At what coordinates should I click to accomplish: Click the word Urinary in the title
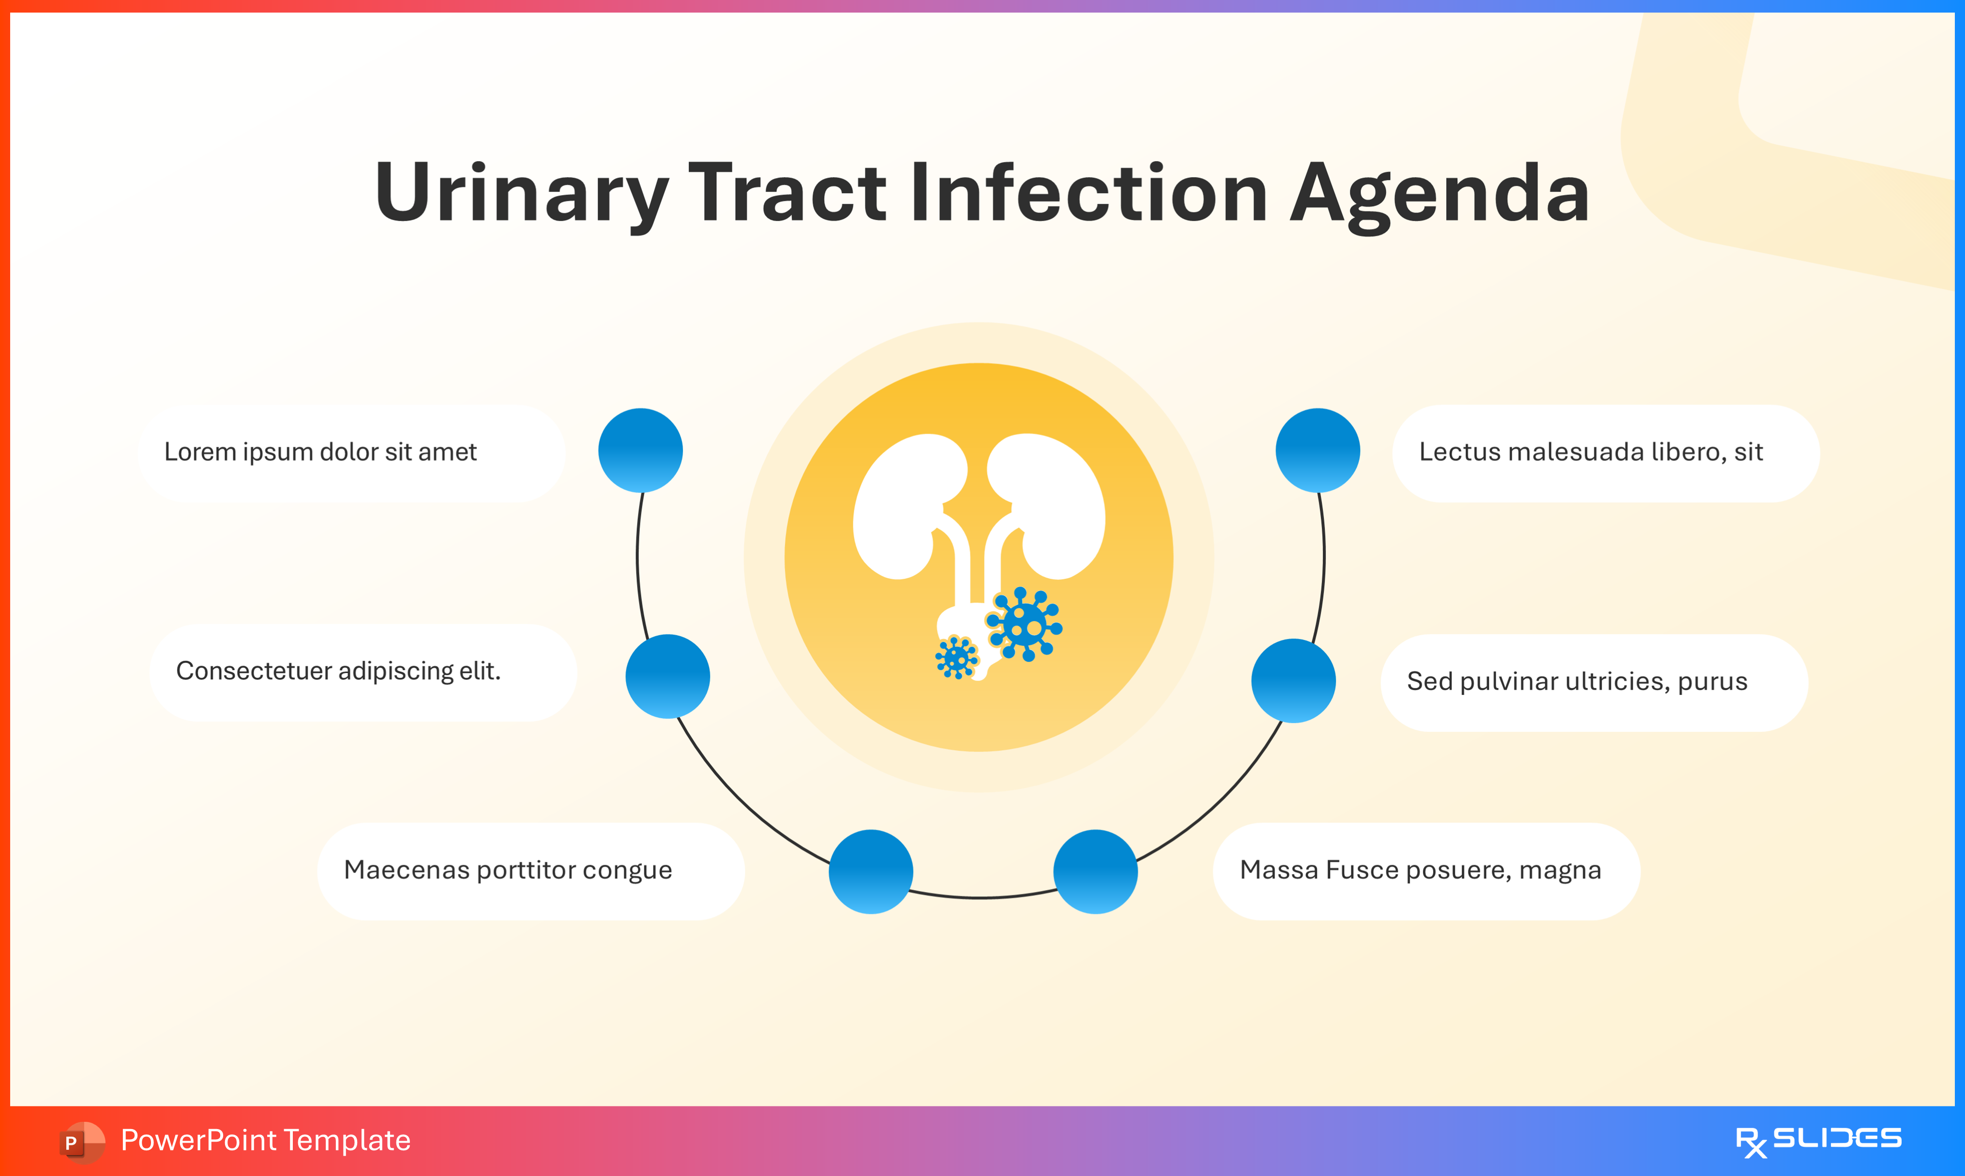pos(521,193)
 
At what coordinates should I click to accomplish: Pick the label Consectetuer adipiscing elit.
pos(338,671)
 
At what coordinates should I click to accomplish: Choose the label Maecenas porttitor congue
pos(508,870)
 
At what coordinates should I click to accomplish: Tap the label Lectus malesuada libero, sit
pos(1590,452)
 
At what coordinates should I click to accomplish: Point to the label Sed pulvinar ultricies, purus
pos(1577,681)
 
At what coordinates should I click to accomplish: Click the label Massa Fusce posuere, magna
pos(1420,870)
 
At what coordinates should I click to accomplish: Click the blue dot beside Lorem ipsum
pos(640,450)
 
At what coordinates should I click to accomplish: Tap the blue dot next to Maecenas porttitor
pos(871,872)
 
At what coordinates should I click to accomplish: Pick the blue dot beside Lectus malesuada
pos(1317,450)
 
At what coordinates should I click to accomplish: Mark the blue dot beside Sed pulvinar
pos(1293,681)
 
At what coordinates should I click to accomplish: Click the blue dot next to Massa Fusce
pos(1095,872)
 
